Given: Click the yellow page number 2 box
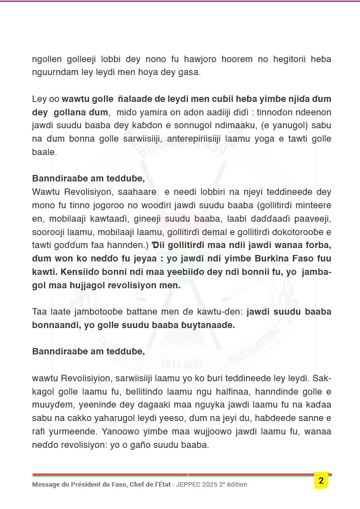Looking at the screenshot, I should tap(321, 480).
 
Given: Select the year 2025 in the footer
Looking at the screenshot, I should tap(212, 484).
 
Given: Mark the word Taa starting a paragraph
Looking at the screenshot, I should tap(40, 312).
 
